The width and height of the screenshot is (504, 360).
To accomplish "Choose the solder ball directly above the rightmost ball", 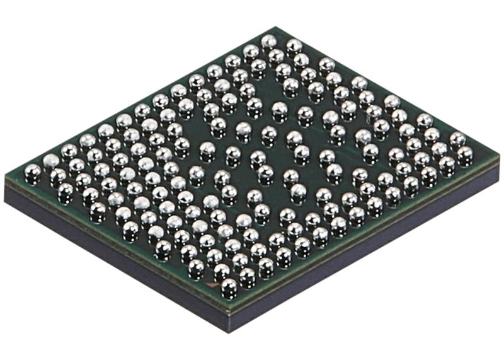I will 457,139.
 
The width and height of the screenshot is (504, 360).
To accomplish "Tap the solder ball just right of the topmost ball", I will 294,46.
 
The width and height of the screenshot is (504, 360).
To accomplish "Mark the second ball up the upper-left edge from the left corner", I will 50,161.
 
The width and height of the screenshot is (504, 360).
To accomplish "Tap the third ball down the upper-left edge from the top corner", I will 232,61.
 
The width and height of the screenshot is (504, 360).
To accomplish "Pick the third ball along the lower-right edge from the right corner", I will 428,174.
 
